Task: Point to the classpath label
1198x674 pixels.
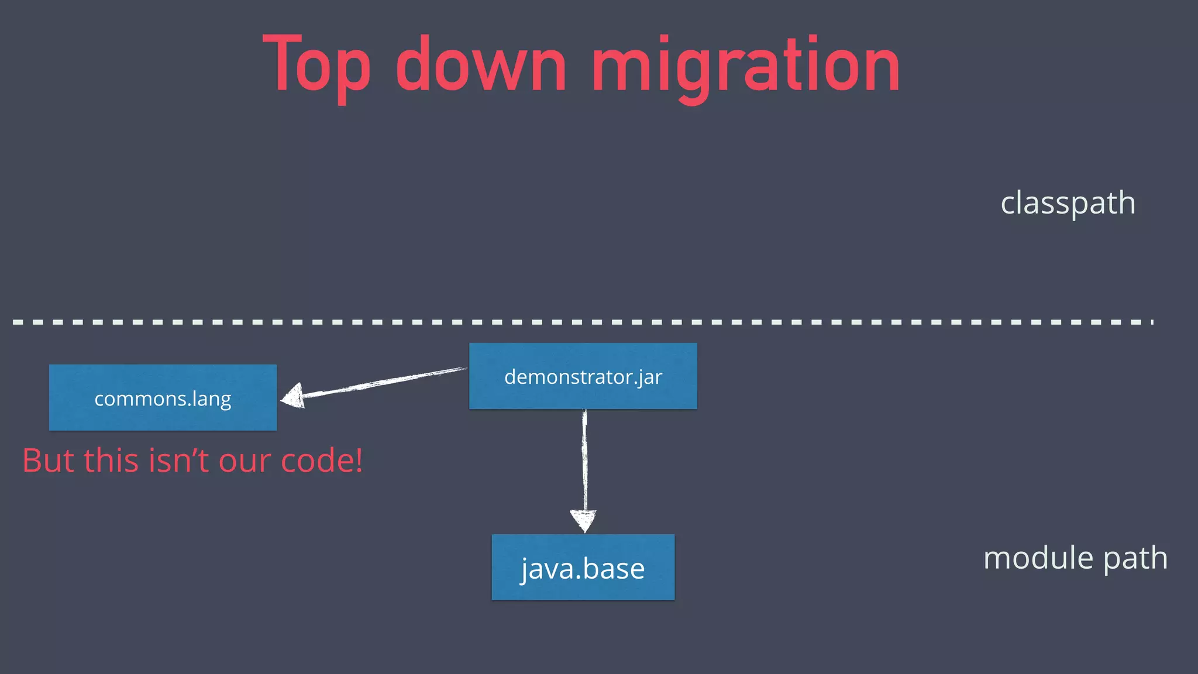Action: [1068, 203]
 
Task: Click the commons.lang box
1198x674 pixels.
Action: [163, 398]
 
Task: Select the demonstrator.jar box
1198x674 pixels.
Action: [583, 376]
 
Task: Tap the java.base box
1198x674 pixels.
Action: [583, 568]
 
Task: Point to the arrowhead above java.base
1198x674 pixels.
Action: [584, 520]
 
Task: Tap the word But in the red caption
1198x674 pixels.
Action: [49, 460]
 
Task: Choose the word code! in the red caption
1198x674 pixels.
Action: [322, 460]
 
